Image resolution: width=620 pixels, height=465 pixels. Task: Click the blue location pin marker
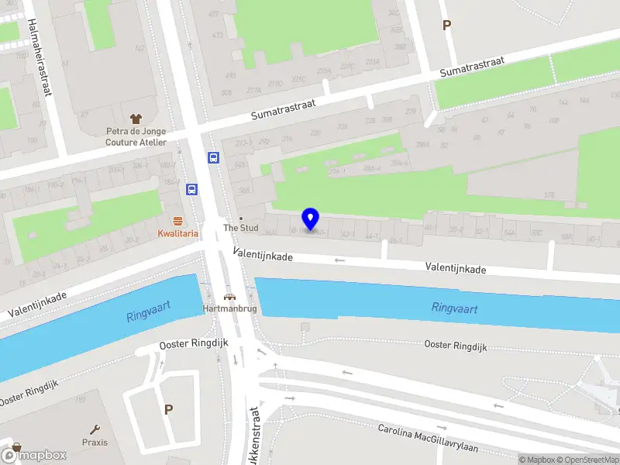[x=310, y=219]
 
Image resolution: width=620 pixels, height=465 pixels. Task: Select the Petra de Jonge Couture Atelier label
[x=136, y=136]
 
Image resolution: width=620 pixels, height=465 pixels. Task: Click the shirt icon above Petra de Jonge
[x=136, y=119]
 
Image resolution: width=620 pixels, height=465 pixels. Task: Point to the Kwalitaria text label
[x=177, y=233]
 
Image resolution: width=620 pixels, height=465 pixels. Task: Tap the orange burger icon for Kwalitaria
[x=177, y=220]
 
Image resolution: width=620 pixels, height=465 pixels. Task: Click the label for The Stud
[x=240, y=228]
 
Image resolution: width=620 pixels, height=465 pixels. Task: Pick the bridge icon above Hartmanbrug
[x=229, y=296]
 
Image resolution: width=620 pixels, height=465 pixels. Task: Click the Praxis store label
[x=95, y=443]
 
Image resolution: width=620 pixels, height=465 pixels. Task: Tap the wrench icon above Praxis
[x=95, y=429]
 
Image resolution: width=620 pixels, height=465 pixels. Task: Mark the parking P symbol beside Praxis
[x=168, y=408]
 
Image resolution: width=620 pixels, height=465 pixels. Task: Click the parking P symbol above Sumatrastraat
[x=446, y=26]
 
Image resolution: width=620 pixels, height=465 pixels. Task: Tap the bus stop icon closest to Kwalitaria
[x=191, y=188]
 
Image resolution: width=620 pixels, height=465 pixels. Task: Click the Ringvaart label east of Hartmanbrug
[x=454, y=308]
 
